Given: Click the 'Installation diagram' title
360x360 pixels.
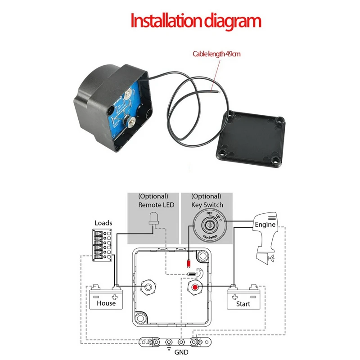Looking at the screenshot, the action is click(x=196, y=21).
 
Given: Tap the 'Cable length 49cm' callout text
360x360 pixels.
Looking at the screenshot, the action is click(x=216, y=54).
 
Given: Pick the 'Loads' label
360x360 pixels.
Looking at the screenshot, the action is click(x=103, y=223).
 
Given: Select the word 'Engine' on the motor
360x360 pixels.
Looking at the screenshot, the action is click(x=265, y=224).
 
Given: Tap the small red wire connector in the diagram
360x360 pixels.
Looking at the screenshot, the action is click(x=189, y=262).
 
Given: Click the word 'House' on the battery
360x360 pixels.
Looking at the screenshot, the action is click(x=106, y=303).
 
